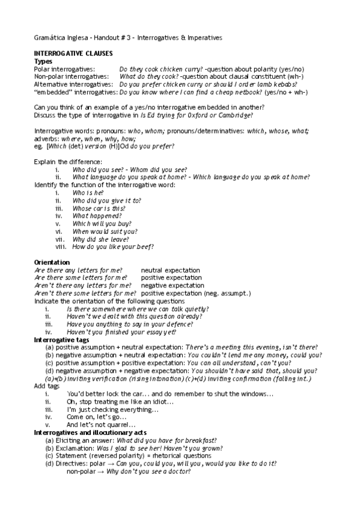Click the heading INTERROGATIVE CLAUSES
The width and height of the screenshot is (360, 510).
coord(73,54)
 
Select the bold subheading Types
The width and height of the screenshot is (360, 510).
coord(43,61)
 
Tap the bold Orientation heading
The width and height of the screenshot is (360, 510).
coord(52,262)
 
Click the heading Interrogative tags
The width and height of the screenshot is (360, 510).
coord(64,340)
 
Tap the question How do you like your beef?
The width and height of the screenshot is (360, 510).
coord(112,247)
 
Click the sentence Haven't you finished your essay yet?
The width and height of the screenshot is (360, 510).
coord(121,331)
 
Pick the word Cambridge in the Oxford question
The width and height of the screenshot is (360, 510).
coord(234,115)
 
